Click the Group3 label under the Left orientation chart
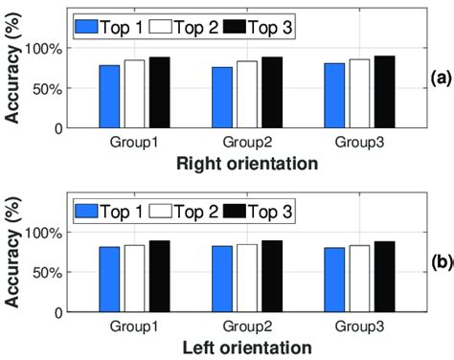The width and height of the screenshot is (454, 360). point(359,326)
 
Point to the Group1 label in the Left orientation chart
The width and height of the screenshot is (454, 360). point(133,326)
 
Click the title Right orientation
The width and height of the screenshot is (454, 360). point(246,164)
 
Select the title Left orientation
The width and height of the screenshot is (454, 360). point(246,347)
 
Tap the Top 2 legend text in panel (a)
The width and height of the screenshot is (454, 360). point(197,27)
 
